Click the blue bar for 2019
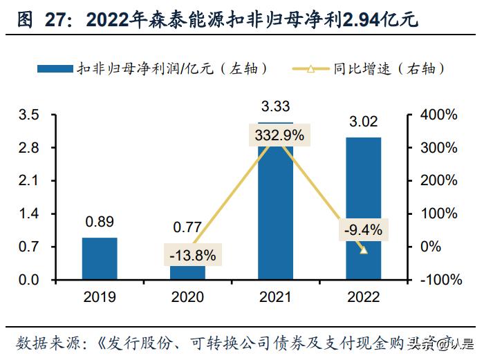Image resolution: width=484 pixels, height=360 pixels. pos(100,258)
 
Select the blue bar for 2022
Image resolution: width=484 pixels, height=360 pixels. pos(363,208)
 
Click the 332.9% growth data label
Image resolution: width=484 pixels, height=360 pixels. pos(278,135)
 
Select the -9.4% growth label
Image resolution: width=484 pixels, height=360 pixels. pos(364,229)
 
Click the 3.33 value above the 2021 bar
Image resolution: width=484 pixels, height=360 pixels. pos(275,106)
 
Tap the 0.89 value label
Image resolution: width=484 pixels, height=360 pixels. pos(100,222)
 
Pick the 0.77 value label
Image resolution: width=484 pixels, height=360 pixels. pos(187,227)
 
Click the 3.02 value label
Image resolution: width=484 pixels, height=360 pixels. pos(363,122)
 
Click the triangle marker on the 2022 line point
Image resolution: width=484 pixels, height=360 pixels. pos(364,249)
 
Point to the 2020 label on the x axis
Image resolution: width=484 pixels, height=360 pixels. pos(187,297)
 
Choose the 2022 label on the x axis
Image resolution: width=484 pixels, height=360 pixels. pos(363,297)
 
